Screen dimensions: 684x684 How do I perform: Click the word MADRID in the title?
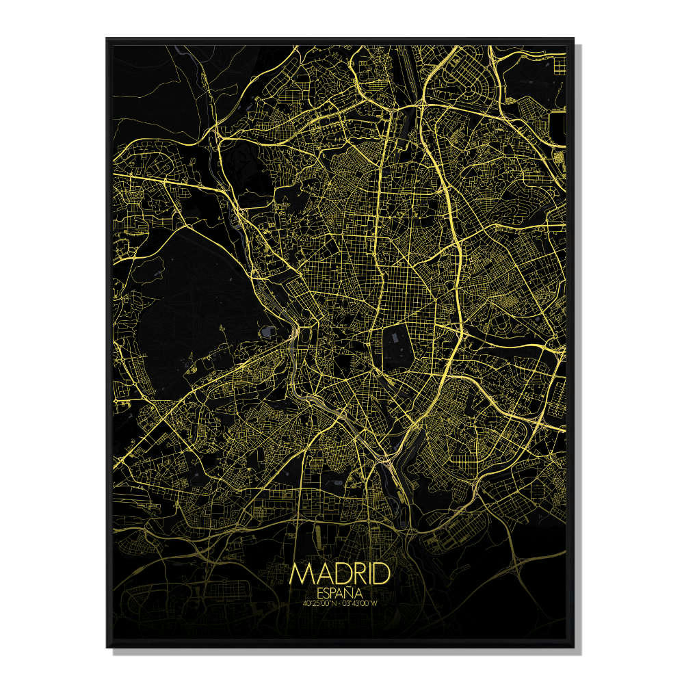point(340,573)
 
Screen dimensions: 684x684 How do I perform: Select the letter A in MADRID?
point(321,573)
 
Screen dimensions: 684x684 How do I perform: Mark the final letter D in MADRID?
point(382,573)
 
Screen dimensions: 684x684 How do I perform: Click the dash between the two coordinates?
point(342,603)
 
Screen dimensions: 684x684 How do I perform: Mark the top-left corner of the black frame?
point(107,39)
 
